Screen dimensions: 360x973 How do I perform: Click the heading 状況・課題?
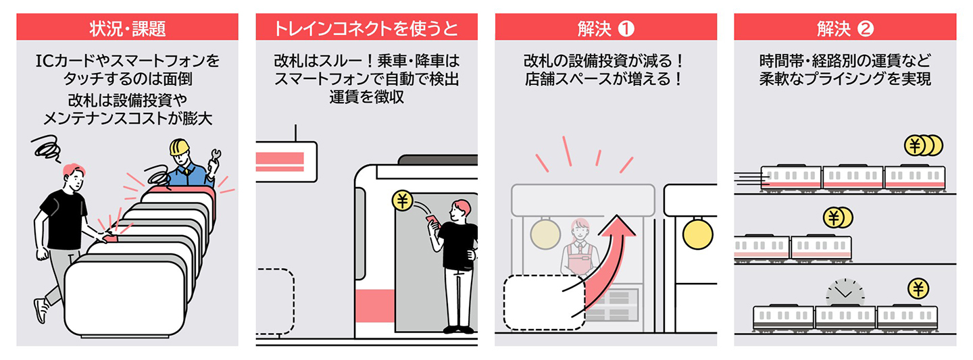tap(127, 28)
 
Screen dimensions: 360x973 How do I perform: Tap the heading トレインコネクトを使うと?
tap(366, 28)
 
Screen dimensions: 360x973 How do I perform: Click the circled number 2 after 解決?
tap(866, 28)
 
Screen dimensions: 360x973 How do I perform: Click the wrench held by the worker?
tap(216, 157)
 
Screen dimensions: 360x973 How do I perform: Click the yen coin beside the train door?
tap(402, 201)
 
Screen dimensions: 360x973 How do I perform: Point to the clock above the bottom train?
tap(845, 293)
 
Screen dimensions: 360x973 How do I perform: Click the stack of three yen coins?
tap(922, 145)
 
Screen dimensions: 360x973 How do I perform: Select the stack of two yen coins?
tap(838, 218)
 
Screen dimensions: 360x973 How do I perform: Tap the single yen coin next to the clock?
tap(918, 289)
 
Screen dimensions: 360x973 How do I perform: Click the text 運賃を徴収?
tap(366, 97)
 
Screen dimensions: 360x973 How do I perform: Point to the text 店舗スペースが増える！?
tap(605, 79)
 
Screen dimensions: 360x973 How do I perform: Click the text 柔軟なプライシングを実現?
tap(845, 79)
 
